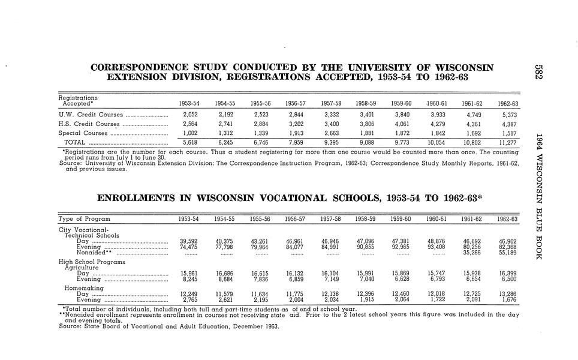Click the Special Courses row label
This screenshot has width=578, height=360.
coord(83,133)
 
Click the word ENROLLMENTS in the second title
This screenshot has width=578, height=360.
coord(136,198)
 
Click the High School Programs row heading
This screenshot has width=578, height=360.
coord(90,262)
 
